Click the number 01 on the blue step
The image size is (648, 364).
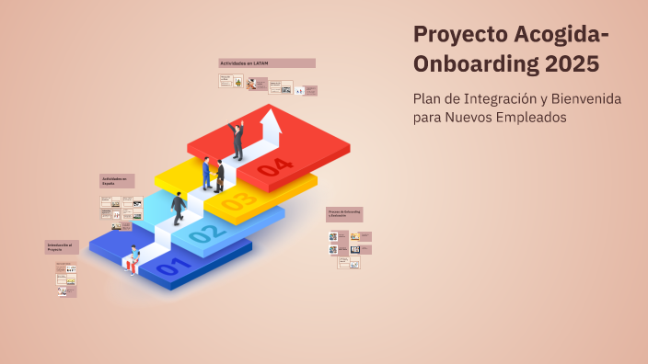(174, 268)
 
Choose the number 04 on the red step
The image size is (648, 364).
(275, 167)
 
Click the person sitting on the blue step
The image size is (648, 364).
(133, 260)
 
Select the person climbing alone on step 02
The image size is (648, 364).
(178, 209)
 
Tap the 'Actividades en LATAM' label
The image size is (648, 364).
(267, 63)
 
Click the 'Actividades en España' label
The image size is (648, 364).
(117, 181)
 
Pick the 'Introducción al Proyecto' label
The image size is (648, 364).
(63, 247)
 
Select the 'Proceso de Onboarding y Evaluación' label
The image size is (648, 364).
(345, 214)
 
